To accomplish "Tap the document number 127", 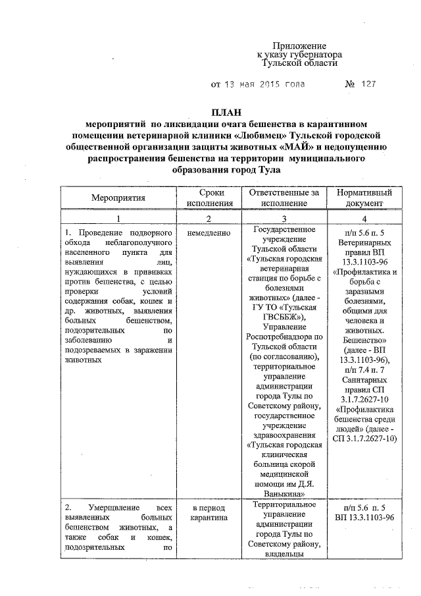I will pos(369,84).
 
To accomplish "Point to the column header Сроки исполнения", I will pos(208,198).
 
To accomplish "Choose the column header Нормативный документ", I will pos(364,198).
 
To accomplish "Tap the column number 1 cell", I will pos(119,219).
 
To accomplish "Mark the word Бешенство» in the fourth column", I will pos(364,340).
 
